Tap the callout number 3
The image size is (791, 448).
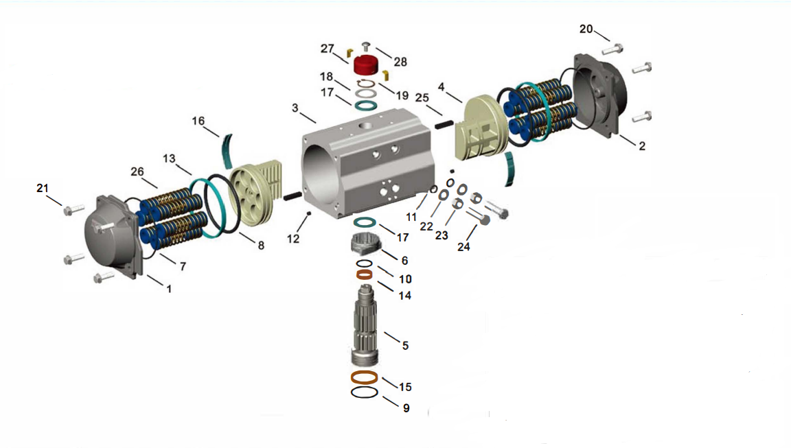295,108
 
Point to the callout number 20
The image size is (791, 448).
586,29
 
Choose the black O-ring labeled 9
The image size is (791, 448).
364,392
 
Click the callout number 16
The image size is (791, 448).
198,121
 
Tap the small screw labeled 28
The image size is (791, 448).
365,47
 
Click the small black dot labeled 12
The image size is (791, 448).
310,213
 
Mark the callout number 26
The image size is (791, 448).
138,171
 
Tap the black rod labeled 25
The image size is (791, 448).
443,124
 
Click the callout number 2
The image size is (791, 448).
642,145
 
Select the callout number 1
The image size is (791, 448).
168,289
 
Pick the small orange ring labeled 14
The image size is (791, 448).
365,275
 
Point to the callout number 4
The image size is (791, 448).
442,87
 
